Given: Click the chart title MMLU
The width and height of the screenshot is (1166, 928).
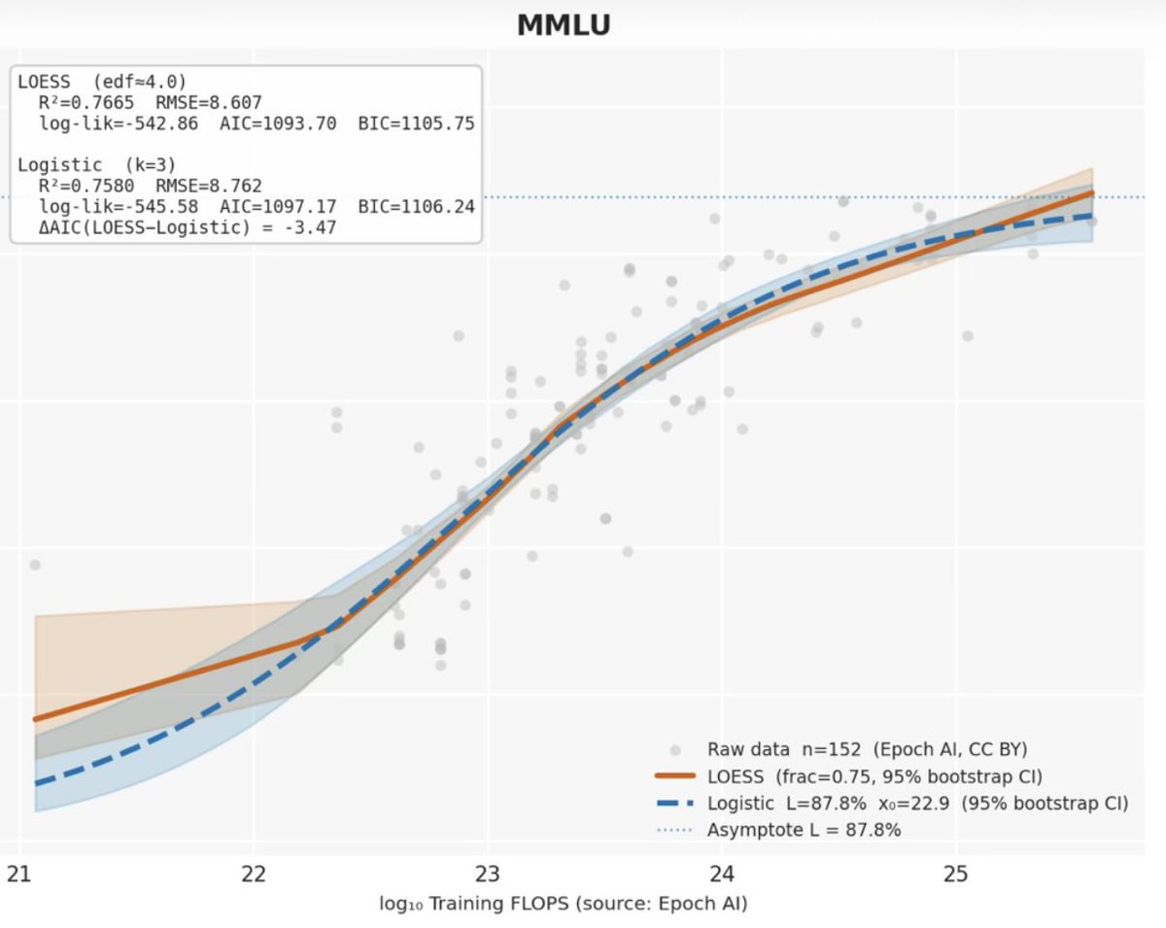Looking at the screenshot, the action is [564, 25].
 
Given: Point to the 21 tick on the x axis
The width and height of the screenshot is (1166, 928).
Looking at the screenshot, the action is [19, 874].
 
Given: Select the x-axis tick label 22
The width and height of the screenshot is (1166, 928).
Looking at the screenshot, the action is [254, 874].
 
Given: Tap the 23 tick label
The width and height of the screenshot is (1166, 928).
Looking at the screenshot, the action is [488, 874].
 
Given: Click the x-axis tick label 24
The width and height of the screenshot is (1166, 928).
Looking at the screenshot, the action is [722, 874].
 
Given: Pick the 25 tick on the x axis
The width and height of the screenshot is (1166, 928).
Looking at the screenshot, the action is [956, 874].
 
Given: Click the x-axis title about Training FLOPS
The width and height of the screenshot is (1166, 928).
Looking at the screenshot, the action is [564, 904].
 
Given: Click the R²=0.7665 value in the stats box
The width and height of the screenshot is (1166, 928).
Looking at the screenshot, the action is [86, 102].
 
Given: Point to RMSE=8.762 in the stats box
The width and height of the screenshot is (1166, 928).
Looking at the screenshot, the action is [209, 186].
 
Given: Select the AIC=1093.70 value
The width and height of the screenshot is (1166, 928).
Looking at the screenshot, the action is [278, 123].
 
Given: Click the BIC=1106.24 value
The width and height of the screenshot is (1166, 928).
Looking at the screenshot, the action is [416, 207].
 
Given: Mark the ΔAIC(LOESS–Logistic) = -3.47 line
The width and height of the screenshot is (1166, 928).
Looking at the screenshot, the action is [188, 227].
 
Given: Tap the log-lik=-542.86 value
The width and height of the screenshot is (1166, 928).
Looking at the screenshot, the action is [119, 123].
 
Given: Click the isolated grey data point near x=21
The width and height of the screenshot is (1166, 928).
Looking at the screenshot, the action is [35, 565].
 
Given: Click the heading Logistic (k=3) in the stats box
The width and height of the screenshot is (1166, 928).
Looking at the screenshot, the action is [96, 165].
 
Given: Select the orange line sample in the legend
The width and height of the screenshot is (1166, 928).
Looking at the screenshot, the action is [674, 776].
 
